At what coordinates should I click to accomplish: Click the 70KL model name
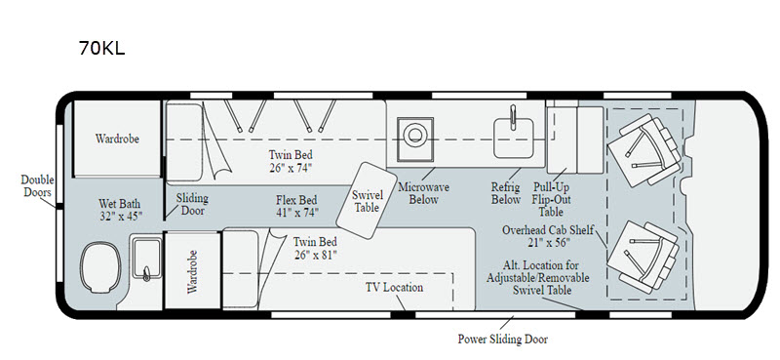(101, 48)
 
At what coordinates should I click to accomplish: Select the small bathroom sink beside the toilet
(146, 259)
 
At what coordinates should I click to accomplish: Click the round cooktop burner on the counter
(413, 135)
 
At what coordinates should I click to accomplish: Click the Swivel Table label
(367, 202)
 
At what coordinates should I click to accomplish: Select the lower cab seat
(643, 257)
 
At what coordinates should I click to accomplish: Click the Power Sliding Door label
(502, 340)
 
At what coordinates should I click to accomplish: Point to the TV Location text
(395, 287)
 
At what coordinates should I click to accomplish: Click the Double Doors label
(37, 185)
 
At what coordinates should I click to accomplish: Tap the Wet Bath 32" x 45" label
(119, 210)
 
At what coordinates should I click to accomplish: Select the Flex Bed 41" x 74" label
(297, 206)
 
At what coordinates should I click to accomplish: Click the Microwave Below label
(423, 193)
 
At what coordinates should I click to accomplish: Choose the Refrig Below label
(505, 193)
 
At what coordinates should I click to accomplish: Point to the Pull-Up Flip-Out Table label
(551, 199)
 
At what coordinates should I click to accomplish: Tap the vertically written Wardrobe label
(192, 271)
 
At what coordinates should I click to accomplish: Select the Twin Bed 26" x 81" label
(315, 248)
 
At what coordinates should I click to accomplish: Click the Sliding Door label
(192, 204)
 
